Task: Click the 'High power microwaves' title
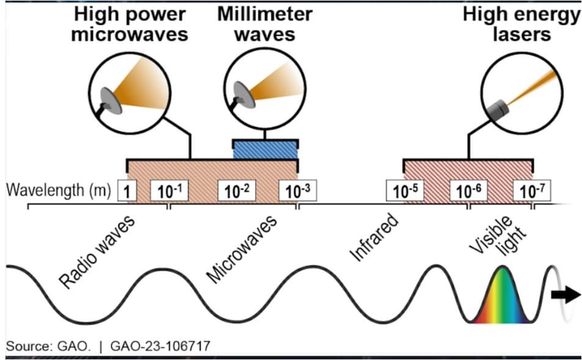pyautogui.click(x=129, y=25)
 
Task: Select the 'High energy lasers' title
pyautogui.click(x=520, y=24)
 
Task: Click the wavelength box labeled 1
pyautogui.click(x=126, y=191)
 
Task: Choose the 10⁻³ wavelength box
pyautogui.click(x=297, y=191)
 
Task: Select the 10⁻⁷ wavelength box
pyautogui.click(x=531, y=191)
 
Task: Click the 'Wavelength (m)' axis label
pyautogui.click(x=57, y=190)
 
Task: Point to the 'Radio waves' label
pyautogui.click(x=98, y=251)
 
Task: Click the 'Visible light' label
pyautogui.click(x=496, y=235)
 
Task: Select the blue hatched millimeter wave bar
pyautogui.click(x=265, y=149)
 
